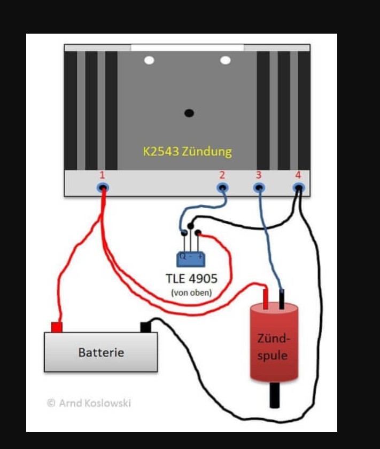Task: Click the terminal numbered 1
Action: (x=103, y=187)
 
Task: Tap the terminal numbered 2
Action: (x=222, y=187)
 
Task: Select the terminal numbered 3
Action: (x=259, y=187)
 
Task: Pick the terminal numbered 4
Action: (x=298, y=187)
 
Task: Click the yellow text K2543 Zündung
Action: (x=187, y=151)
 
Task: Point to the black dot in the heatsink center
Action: (x=189, y=113)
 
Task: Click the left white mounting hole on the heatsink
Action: (x=149, y=60)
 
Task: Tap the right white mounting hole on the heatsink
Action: (x=225, y=60)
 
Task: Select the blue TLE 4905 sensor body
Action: (x=191, y=259)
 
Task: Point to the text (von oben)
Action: (x=191, y=293)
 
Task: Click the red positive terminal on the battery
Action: (x=56, y=327)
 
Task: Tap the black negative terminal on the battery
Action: (x=145, y=326)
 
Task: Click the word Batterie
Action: (x=101, y=352)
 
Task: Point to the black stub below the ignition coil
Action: (x=274, y=395)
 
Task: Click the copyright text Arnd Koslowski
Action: (x=89, y=403)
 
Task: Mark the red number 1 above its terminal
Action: (x=102, y=175)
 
